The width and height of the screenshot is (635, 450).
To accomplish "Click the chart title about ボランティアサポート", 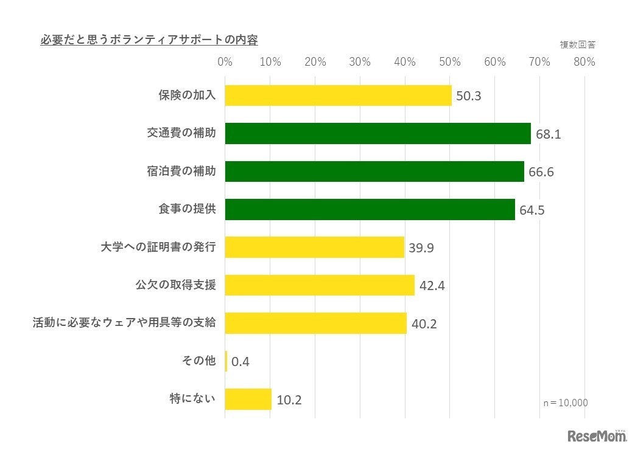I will pyautogui.click(x=149, y=41).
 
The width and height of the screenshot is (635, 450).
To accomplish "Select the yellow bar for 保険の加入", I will pyautogui.click(x=338, y=95).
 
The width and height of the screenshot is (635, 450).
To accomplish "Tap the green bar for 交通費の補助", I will pyautogui.click(x=377, y=133).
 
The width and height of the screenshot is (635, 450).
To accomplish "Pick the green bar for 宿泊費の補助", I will pyautogui.click(x=374, y=171).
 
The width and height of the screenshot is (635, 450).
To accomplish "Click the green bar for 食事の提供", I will pyautogui.click(x=370, y=209).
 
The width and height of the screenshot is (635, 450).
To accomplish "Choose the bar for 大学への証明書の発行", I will pyautogui.click(x=314, y=247).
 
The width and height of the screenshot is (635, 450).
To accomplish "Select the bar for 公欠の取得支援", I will pyautogui.click(x=320, y=285).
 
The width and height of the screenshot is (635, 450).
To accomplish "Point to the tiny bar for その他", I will pyautogui.click(x=226, y=361).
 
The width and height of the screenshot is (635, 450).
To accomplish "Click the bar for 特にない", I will pyautogui.click(x=248, y=399).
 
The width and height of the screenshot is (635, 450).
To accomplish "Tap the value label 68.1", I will pyautogui.click(x=548, y=134).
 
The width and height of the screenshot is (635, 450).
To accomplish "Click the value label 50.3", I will pyautogui.click(x=469, y=96).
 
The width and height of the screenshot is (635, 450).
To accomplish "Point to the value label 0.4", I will pyautogui.click(x=240, y=362).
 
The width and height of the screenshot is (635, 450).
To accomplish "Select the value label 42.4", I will pyautogui.click(x=432, y=286).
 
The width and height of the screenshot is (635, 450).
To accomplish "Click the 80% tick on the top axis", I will pyautogui.click(x=584, y=62).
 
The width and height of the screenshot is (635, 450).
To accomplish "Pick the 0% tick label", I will pyautogui.click(x=225, y=62).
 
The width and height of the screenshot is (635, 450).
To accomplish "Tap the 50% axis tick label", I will pyautogui.click(x=450, y=62).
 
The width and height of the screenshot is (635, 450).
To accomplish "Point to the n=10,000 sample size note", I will pyautogui.click(x=566, y=403).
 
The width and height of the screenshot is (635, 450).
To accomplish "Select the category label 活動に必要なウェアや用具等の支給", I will pyautogui.click(x=124, y=323).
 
